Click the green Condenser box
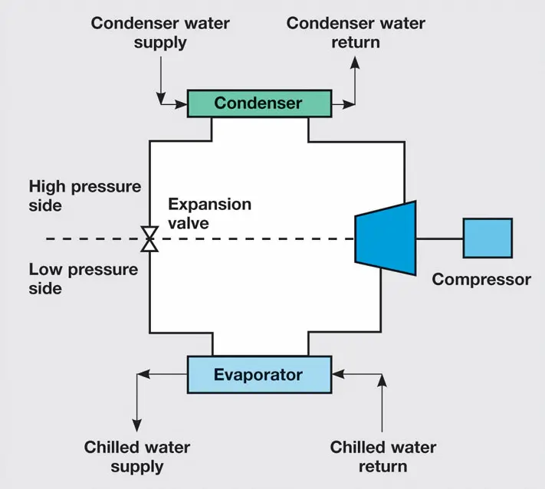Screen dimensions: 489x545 point(259,103)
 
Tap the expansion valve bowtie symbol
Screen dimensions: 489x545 point(150,239)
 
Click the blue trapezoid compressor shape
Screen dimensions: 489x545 point(386,239)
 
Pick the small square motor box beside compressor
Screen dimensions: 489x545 point(488,239)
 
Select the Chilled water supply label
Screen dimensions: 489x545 point(137,456)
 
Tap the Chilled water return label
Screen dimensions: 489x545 point(382,456)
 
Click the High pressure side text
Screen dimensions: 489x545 point(85,196)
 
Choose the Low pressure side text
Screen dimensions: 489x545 point(84,279)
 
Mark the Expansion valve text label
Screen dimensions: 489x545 point(210,213)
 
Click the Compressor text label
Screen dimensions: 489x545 point(481,279)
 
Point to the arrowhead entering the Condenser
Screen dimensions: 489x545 point(183,103)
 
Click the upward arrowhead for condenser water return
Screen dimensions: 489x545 point(354,62)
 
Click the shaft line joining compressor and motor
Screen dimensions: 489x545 point(439,239)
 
